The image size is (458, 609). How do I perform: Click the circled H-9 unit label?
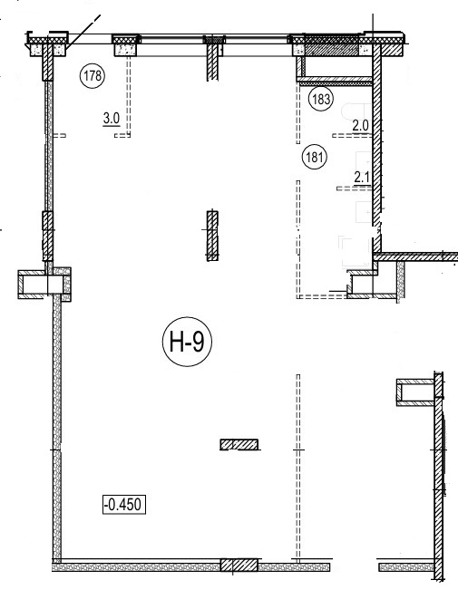click(187, 342)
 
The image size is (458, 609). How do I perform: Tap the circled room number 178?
click(93, 75)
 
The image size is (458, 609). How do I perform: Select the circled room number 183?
click(321, 100)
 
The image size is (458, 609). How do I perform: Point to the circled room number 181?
click(315, 158)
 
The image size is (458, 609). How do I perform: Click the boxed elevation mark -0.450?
click(124, 504)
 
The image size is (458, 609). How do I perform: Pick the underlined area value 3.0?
click(112, 119)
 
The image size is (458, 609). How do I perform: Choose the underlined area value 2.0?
click(360, 126)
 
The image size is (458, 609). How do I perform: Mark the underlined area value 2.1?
click(362, 178)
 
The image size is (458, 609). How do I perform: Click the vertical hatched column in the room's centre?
click(212, 236)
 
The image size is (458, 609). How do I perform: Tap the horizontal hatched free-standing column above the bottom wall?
click(239, 444)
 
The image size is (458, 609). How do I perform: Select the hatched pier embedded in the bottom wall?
click(239, 565)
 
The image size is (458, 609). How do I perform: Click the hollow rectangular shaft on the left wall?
click(44, 285)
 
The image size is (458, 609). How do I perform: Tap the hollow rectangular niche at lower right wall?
click(415, 392)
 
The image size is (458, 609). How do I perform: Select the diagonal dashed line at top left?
click(83, 33)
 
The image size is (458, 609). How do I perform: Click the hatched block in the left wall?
click(47, 236)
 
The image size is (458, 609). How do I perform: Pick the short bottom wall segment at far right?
click(406, 567)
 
